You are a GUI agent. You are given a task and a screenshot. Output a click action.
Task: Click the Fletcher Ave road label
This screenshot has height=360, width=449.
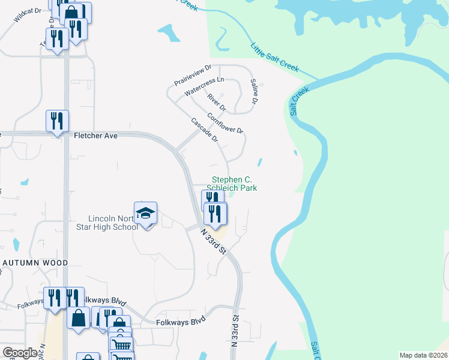coord(95,136)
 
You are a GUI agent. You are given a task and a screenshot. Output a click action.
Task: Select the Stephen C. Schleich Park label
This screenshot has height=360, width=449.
coord(234,184)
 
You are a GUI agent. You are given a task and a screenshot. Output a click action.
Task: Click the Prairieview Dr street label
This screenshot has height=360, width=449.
coord(193,75)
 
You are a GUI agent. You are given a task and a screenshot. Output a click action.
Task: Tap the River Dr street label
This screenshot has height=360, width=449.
coord(215,102)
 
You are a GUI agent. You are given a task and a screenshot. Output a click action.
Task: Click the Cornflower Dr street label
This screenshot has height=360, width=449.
coord(225,122)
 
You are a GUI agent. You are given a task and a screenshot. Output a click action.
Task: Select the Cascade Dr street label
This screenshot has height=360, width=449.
coord(204,130)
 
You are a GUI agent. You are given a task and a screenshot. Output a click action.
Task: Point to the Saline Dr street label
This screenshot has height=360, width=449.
coord(254,92)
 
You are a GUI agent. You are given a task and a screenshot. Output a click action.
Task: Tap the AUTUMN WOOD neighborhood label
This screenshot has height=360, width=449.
coord(35,263)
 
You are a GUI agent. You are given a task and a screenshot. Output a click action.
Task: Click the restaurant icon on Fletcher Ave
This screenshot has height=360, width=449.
coord(58,121)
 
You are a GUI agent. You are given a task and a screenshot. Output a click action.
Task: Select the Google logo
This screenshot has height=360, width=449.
coord(20,353)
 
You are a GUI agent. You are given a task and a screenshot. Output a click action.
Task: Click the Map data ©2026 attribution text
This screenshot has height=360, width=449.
coord(423,355)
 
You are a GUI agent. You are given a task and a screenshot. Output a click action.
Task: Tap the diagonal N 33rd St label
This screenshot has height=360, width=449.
coord(213,240)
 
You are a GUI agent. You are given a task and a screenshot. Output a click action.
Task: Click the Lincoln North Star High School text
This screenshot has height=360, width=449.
coord(113,223)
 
